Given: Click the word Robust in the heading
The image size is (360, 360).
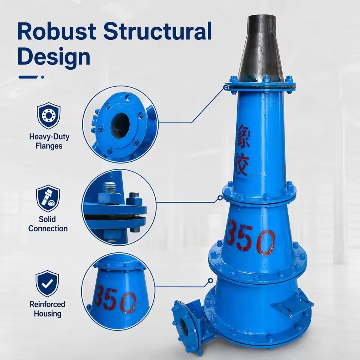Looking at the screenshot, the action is click(x=57, y=31).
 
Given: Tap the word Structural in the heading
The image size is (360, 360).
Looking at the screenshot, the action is click(x=157, y=31).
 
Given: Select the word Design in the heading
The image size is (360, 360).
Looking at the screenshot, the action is click(x=54, y=57).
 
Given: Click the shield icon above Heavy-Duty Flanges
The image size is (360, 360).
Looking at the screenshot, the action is click(x=49, y=115).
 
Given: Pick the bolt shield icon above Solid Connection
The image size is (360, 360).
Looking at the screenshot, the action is click(x=48, y=198).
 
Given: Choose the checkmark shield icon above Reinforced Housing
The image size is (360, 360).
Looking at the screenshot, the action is click(x=47, y=283).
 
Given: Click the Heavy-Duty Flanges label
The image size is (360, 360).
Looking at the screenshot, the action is click(x=49, y=141).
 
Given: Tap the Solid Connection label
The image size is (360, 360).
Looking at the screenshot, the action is click(x=48, y=224).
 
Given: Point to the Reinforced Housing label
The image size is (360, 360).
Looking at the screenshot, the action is click(x=48, y=309).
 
